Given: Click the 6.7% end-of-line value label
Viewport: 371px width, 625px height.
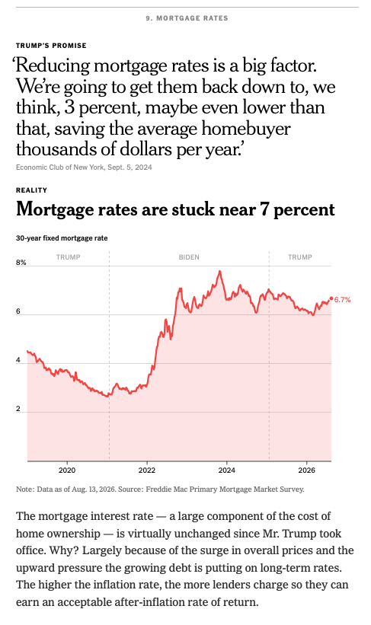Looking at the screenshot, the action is coord(342,300).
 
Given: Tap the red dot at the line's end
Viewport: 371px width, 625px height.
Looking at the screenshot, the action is coord(331,298).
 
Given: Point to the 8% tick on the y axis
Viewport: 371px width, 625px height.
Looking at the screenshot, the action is coord(21,263).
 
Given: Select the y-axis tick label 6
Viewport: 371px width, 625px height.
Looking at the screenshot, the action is coord(18,311).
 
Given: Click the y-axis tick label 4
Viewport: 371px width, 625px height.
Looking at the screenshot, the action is coord(18,360).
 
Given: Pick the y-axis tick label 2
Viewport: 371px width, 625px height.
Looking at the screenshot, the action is coord(18,409).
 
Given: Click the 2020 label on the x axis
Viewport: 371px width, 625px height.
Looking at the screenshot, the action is coord(67,470).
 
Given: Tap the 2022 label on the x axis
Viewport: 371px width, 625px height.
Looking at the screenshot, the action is coord(147,470).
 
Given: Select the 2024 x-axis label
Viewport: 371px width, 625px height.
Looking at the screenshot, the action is coord(226,470).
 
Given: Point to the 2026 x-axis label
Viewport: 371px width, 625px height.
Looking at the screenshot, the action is coord(306,470).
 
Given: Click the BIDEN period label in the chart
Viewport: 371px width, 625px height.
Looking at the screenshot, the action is coord(189,257).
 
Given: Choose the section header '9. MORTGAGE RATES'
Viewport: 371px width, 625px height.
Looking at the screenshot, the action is coord(187,18).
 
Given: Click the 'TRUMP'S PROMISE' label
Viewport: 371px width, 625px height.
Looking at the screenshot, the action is coord(51,46).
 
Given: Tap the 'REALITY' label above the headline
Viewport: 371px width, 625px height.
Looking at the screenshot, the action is coord(31,190).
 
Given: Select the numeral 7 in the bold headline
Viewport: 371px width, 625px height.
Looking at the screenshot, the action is coord(264,209).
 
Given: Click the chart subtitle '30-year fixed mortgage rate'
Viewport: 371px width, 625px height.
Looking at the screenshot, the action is coord(62,238).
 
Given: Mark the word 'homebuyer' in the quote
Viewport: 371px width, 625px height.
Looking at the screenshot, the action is coord(246,129).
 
